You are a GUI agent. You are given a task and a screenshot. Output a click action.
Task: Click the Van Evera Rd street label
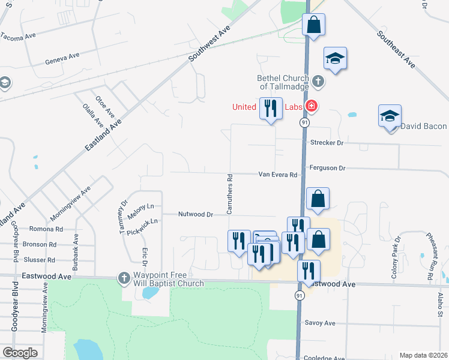coord(278,175)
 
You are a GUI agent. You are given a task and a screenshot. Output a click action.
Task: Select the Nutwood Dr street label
coord(196,214)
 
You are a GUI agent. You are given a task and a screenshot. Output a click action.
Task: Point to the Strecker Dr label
coord(327,143)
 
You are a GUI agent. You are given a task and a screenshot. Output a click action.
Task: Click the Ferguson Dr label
coord(327,169)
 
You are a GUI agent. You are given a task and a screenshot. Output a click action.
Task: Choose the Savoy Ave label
coord(320,323)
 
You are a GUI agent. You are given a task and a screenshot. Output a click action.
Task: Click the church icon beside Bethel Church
coord(318,80)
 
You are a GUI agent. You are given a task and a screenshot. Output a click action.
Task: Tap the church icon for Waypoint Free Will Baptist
coord(123,278)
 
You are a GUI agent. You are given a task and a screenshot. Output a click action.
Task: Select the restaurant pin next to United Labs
coord(271,109)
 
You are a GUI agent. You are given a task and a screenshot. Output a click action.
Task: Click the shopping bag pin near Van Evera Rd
coord(318,199)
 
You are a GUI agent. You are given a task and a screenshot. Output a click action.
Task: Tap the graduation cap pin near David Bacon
coord(390,116)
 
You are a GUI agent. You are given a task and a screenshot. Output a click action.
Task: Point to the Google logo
coord(20,353)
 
